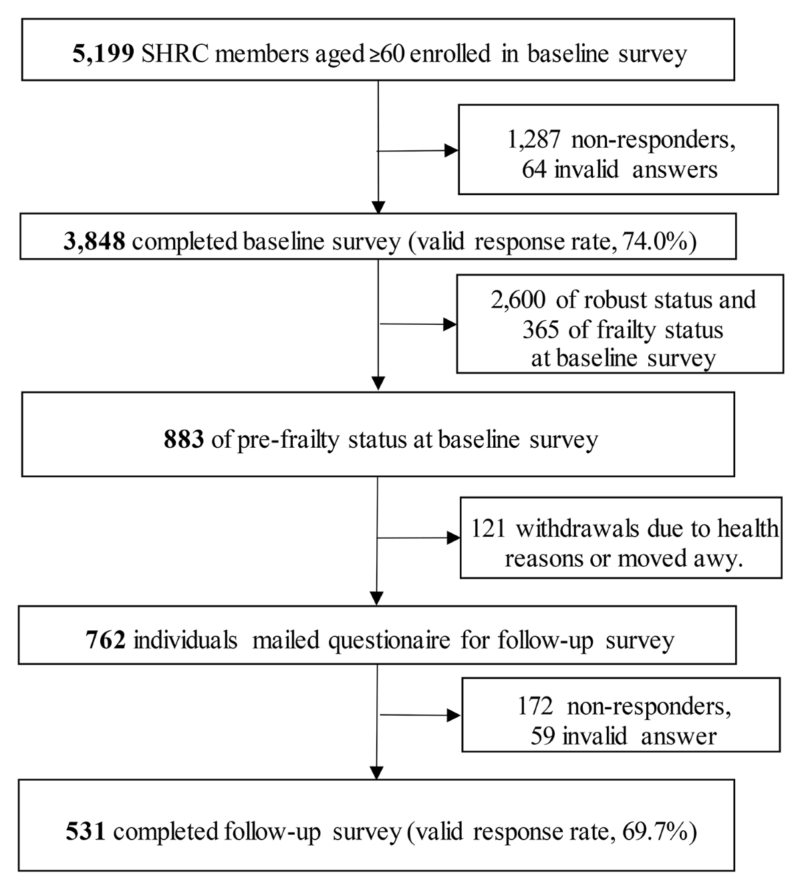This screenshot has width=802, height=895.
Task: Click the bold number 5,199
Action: point(103,53)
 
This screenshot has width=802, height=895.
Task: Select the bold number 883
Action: point(183,439)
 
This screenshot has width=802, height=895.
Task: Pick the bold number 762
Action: point(106,640)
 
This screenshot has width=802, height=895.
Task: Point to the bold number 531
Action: point(86,832)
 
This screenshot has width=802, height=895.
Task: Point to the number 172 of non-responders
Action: point(535,707)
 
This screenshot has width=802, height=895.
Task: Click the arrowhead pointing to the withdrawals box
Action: point(453,537)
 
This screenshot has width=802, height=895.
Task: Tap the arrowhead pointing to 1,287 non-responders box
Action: point(452,150)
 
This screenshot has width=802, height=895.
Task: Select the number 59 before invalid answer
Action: point(544,736)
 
